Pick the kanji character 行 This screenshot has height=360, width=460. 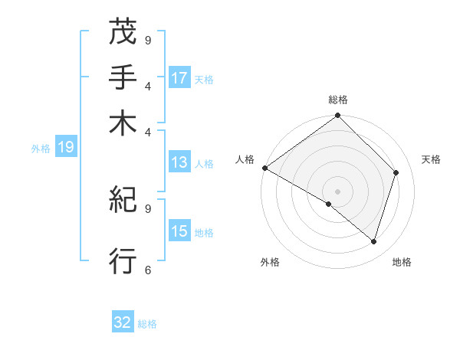pos(123,261)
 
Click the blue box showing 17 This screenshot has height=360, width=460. pos(179,78)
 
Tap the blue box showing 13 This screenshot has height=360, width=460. pos(179,162)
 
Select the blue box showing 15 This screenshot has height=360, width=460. pos(179,231)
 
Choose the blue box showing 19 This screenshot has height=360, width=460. pos(66,148)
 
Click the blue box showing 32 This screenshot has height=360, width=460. pos(123,322)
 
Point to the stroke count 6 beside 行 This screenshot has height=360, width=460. pos(148,269)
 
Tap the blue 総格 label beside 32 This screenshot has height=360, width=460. pos(147,324)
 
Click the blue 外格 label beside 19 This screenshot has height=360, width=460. pos(41,149)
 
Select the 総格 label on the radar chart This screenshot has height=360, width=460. pos(337,100)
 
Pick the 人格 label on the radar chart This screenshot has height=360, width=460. pos(245,159)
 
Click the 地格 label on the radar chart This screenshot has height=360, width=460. pos(402,262)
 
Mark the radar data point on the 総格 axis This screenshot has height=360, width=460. pos(337,116)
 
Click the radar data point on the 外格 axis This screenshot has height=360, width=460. pos(329,204)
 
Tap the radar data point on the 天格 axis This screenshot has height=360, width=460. pos(396,172)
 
